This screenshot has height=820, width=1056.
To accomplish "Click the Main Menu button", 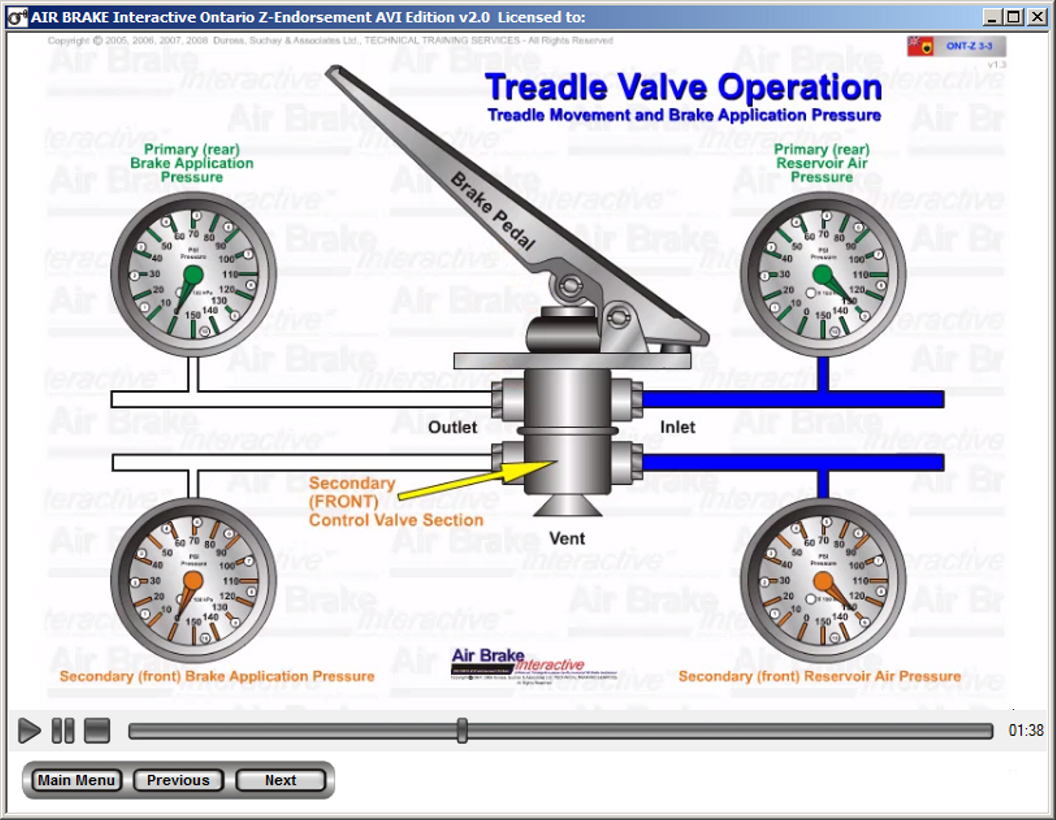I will (x=77, y=780).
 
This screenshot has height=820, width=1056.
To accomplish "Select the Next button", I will (x=280, y=780).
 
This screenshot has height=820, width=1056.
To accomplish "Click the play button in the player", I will (x=28, y=730).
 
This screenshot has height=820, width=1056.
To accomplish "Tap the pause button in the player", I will (x=63, y=730).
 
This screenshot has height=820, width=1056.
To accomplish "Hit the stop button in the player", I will (x=97, y=730).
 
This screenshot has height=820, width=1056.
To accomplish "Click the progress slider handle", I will (x=462, y=730).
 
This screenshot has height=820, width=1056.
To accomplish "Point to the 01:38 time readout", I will (x=1026, y=730).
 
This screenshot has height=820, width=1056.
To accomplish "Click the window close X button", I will (x=1038, y=16).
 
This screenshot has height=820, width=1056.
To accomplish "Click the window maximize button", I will (x=1014, y=16).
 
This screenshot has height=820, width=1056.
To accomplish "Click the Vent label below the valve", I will (x=567, y=538).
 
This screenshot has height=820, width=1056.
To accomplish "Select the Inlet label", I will (x=677, y=427).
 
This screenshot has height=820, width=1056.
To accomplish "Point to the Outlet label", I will (x=452, y=427).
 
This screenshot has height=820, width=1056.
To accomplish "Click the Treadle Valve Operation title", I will (x=683, y=88).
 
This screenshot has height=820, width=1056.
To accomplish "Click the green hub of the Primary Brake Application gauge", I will (x=193, y=275).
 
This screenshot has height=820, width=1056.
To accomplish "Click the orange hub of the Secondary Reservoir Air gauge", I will (x=823, y=581).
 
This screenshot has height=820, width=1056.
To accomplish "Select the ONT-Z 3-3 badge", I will (x=968, y=46).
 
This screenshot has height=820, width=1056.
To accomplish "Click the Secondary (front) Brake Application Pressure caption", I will (x=216, y=676).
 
